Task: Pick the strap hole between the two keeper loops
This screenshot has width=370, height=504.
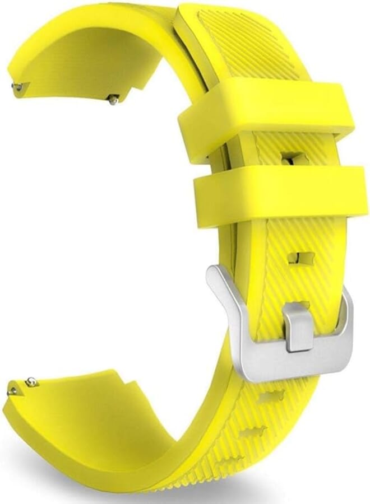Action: (x=294, y=160)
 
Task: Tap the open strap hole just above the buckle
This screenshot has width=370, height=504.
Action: (x=300, y=258)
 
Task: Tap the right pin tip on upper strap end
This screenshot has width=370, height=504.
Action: (x=114, y=100)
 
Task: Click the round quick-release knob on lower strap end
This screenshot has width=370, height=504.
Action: (x=31, y=382)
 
